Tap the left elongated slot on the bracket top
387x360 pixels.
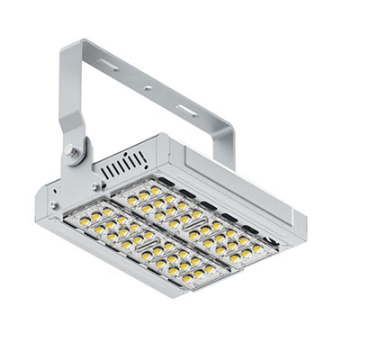coord(109,65)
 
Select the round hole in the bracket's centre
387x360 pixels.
coord(148,88)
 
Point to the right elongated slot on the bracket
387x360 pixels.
coord(187,111)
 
